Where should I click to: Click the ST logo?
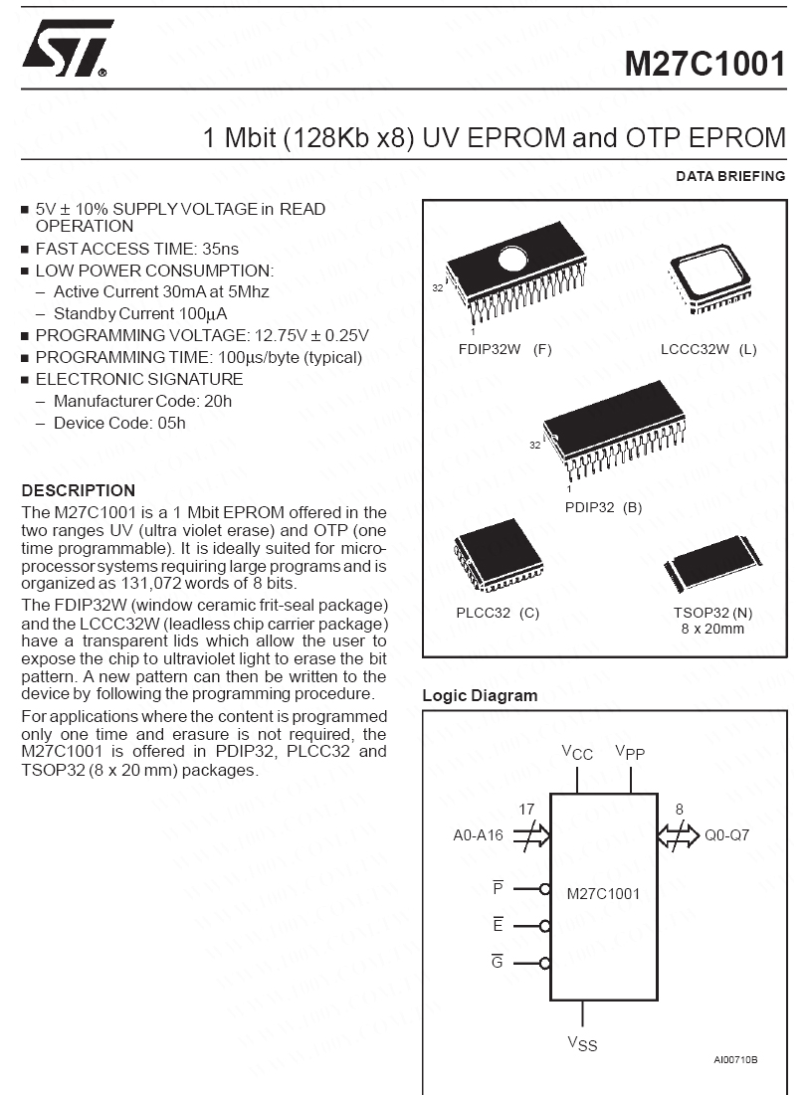pos(66,49)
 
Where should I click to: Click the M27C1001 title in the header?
pos(705,64)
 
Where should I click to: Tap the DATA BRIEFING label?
pos(730,177)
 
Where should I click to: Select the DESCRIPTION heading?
pos(79,490)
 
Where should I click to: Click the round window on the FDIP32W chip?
pos(515,261)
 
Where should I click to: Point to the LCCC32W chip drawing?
pos(710,277)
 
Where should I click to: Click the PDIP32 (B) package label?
pos(603,507)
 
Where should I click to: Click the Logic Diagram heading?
pos(480,696)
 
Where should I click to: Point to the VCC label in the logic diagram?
pos(577,752)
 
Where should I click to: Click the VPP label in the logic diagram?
pos(630,752)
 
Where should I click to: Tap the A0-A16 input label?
pos(479,835)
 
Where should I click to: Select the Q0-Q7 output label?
pos(726,835)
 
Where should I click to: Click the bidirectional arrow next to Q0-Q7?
pos(678,836)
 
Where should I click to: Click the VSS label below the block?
pos(582,1043)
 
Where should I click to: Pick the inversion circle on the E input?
pos(545,926)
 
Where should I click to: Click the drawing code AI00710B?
pos(735,1059)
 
